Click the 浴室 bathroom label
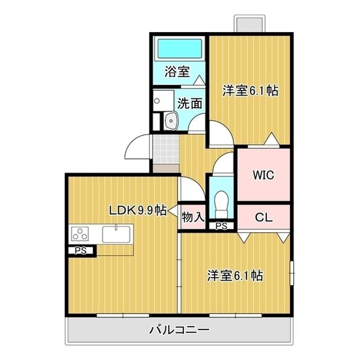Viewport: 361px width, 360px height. (177, 72)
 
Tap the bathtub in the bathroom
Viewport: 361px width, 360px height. (179, 48)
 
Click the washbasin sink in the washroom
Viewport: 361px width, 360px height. (170, 119)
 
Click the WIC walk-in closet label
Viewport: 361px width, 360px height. (263, 175)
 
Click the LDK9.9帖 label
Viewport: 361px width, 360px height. (137, 211)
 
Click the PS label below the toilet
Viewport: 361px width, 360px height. (222, 226)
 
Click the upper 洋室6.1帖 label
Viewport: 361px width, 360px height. (250, 90)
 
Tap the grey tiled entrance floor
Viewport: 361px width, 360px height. (165, 149)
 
